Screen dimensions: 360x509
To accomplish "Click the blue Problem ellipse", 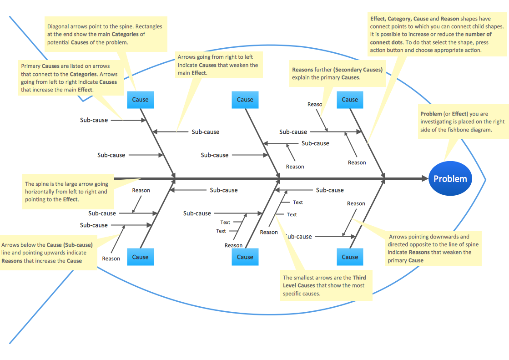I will tap(450, 179).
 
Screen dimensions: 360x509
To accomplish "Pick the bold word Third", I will tap(359, 278).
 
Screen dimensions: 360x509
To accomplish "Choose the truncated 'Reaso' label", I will tap(314, 104).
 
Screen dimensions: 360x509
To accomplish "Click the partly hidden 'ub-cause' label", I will tap(299, 237).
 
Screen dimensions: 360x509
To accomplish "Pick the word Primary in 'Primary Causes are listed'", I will tap(30, 66).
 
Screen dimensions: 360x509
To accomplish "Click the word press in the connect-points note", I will tap(481, 42).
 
